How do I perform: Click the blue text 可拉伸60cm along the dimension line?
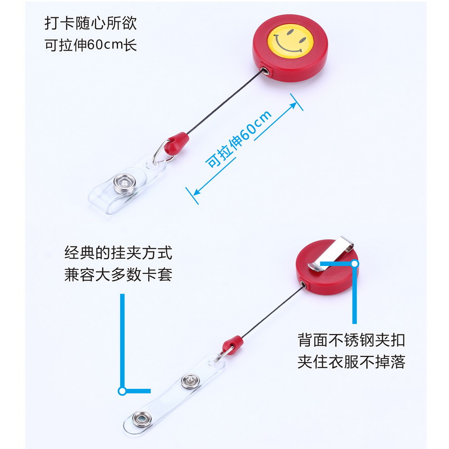tap(239, 139)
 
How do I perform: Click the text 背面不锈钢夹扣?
tap(351, 340)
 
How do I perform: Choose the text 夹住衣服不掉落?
tap(351, 362)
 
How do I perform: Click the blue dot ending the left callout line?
tap(120, 391)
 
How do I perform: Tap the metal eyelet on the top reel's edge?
tap(264, 71)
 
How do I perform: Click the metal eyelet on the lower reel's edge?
tap(304, 286)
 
